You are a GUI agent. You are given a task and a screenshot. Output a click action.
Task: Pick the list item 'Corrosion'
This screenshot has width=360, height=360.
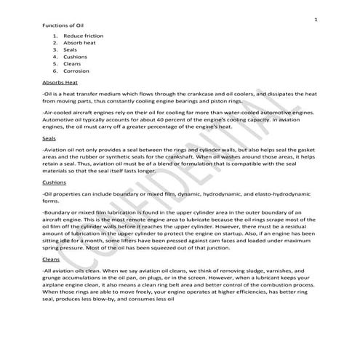(x=75, y=71)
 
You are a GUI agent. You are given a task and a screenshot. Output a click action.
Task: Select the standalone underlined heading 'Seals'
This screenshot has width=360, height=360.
(x=50, y=137)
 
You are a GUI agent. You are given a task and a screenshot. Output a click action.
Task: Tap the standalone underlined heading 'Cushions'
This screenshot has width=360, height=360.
(x=55, y=183)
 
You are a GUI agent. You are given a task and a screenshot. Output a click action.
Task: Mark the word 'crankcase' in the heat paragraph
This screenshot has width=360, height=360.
(x=191, y=95)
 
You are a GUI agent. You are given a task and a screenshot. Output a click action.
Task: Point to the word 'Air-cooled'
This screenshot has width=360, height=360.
(x=60, y=113)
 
